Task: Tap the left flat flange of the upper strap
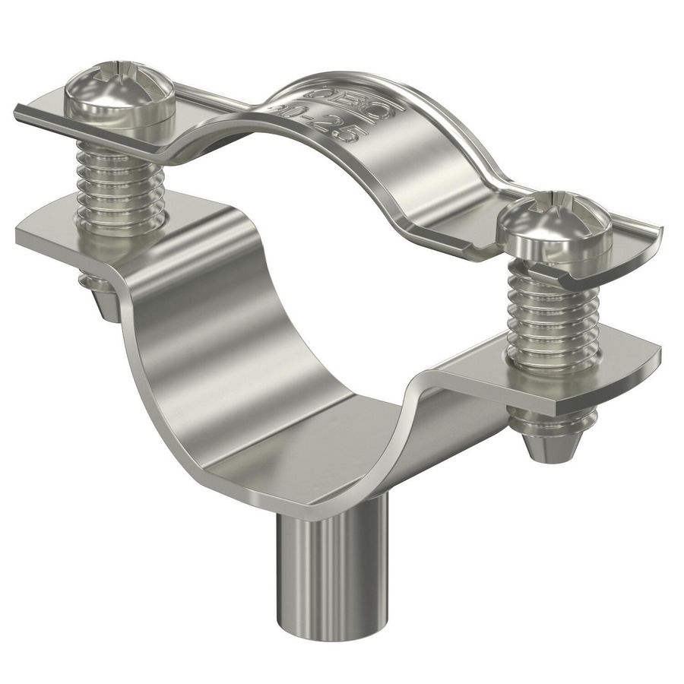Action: click(x=46, y=114)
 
